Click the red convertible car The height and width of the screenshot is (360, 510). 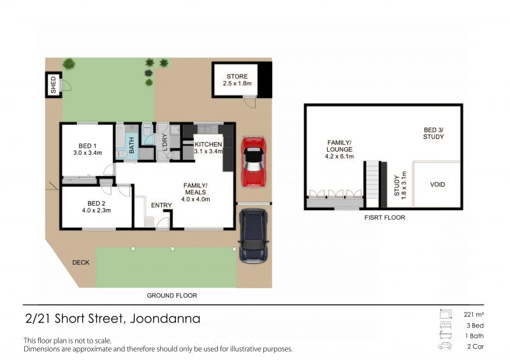click(254, 162)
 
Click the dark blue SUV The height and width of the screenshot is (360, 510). click(254, 236)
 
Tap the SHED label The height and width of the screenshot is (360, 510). click(54, 85)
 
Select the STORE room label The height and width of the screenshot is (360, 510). click(237, 76)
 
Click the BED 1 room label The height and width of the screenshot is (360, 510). click(87, 146)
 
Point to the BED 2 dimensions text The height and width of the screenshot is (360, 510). click(96, 210)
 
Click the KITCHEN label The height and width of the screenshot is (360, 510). click(208, 144)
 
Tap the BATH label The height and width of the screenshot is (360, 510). click(132, 145)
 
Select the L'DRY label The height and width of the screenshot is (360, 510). click(164, 142)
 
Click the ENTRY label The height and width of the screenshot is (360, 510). click(161, 205)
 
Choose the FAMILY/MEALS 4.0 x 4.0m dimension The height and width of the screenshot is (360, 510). click(196, 199)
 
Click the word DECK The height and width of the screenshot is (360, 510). click(81, 263)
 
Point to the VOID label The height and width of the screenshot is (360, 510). click(437, 184)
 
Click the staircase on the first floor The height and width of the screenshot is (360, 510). click(373, 184)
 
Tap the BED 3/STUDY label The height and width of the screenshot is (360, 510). click(433, 133)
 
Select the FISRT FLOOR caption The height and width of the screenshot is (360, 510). click(385, 217)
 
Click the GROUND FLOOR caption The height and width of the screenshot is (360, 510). click(171, 296)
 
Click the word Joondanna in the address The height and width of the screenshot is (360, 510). click(165, 319)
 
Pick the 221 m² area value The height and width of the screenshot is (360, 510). click(474, 315)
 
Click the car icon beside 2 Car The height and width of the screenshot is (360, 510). click(445, 346)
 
